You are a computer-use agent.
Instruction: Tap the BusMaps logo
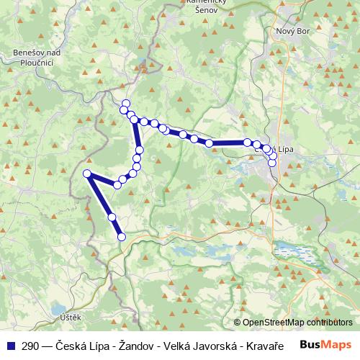(x=330, y=344)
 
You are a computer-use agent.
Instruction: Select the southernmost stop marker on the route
(x=121, y=236)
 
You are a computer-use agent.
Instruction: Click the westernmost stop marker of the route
(x=87, y=174)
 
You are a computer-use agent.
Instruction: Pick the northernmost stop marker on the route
(x=126, y=103)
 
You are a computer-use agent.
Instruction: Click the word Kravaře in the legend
(x=243, y=345)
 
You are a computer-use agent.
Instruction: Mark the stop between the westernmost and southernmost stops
(x=112, y=217)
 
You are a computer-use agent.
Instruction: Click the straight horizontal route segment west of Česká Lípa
(x=228, y=143)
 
